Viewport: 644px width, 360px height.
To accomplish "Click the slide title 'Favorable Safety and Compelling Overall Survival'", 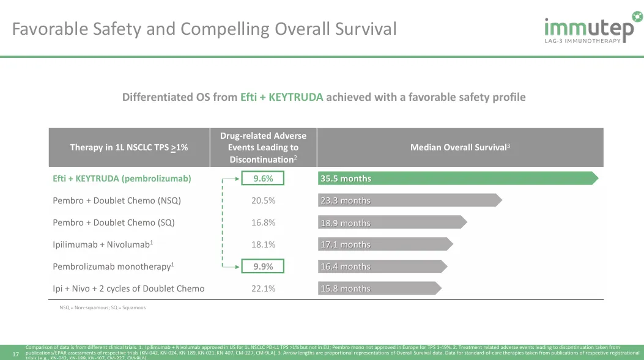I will point(205,29).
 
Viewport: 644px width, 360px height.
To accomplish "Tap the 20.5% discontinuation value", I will point(264,200).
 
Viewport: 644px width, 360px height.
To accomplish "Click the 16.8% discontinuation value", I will point(264,222).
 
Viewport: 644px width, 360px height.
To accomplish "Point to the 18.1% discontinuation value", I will point(264,244).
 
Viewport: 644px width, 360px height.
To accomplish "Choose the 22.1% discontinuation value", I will point(264,288).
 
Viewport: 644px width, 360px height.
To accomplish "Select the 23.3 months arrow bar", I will point(410,200).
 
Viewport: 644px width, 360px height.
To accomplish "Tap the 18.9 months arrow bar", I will point(392,222).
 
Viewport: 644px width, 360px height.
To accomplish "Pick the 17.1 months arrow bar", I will point(385,244).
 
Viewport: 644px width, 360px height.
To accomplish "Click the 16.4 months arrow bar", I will point(382,266).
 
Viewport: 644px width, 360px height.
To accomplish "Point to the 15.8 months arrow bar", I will point(380,288).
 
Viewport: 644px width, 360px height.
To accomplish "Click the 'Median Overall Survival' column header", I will point(460,147).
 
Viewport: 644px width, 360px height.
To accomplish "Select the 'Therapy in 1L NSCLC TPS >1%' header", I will point(129,147).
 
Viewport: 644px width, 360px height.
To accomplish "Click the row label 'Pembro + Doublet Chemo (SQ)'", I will point(114,222).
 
